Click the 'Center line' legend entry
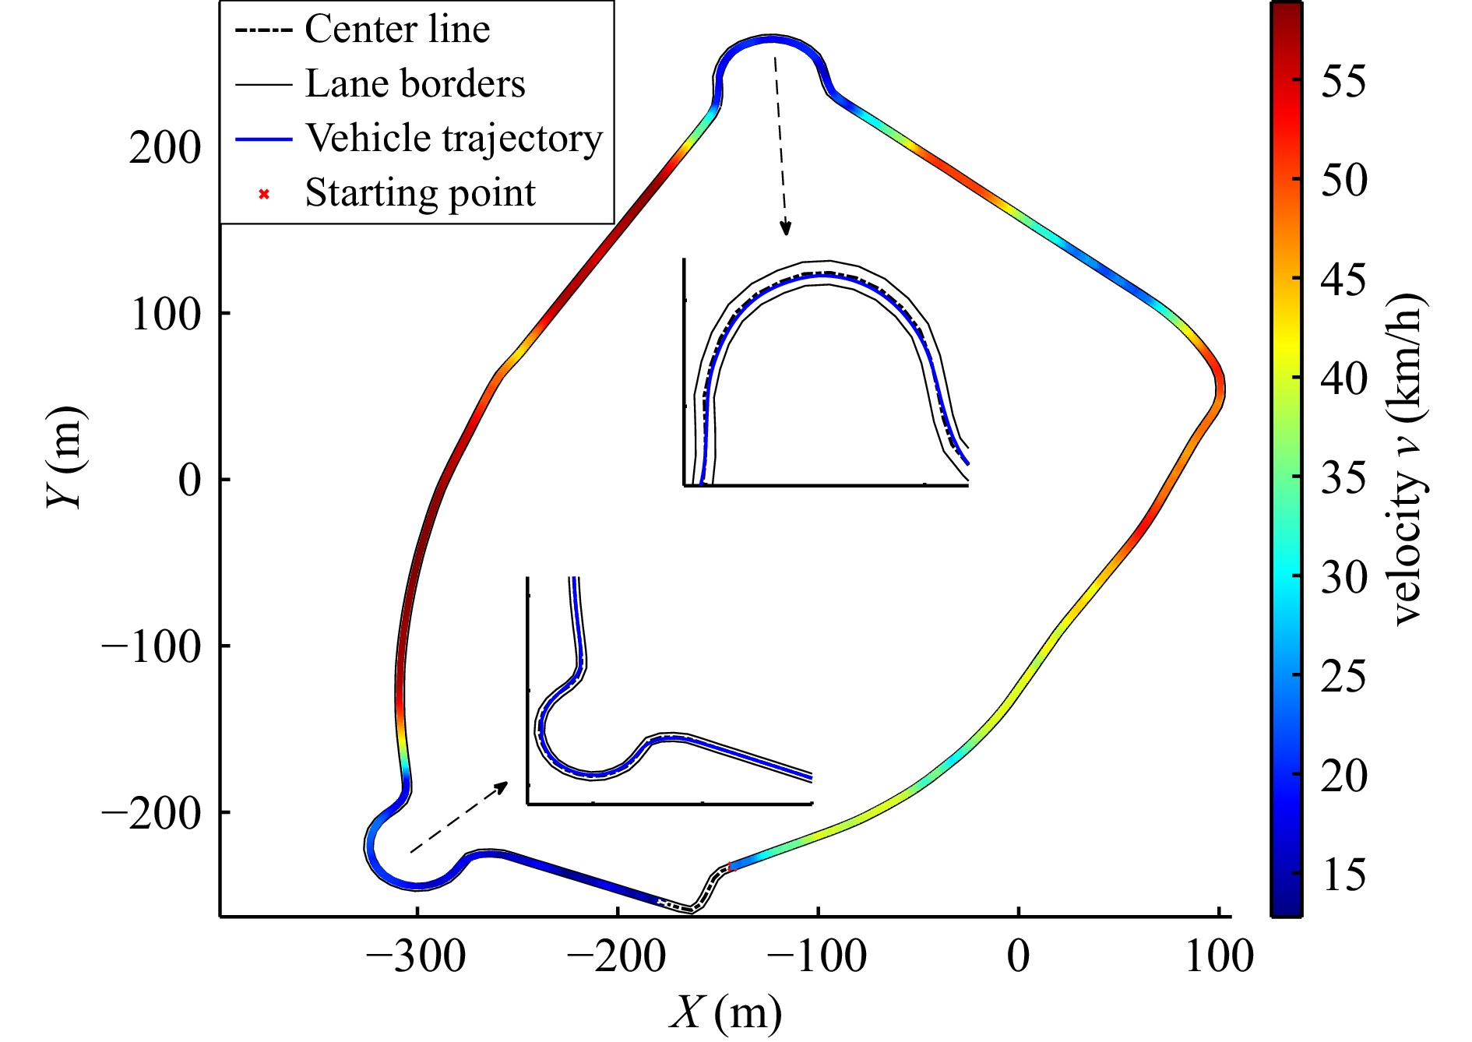pos(396,30)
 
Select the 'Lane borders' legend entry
pos(414,84)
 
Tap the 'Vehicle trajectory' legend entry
pos(453,139)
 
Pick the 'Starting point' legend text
pos(420,193)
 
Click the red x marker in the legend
pos(264,194)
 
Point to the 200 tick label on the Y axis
pos(164,147)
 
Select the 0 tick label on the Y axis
pos(189,480)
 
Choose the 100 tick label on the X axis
pos(1219,956)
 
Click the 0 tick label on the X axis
pos(1018,956)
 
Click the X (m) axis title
pos(725,1013)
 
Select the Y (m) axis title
pos(65,457)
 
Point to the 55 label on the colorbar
pos(1343,80)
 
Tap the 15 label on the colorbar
pos(1343,875)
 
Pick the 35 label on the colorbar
pos(1343,477)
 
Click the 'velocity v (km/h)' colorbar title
pos(1407,459)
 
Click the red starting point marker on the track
pos(730,867)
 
